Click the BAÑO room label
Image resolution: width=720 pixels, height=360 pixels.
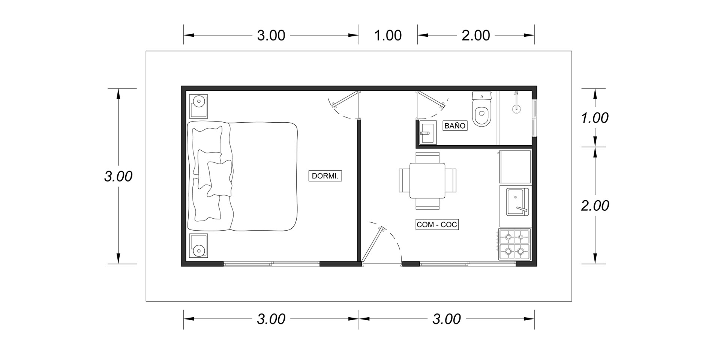click(x=455, y=126)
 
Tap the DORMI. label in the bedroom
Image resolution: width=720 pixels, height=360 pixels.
click(x=325, y=176)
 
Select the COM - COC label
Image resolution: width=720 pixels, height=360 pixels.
click(x=437, y=225)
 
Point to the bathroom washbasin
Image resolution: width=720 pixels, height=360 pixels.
click(x=428, y=132)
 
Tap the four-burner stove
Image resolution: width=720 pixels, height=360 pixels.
click(x=515, y=244)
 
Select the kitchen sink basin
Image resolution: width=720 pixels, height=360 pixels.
click(x=517, y=202)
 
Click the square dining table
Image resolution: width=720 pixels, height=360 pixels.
click(x=427, y=181)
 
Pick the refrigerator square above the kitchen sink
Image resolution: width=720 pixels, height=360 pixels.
click(x=515, y=167)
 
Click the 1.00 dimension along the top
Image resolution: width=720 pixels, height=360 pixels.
click(x=388, y=35)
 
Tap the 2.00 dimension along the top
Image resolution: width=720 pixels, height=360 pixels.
click(x=476, y=35)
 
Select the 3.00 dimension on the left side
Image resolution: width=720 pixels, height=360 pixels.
click(x=118, y=176)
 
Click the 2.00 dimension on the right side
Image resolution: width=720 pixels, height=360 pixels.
click(x=595, y=205)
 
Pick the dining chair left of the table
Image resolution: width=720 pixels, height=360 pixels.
click(x=404, y=181)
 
